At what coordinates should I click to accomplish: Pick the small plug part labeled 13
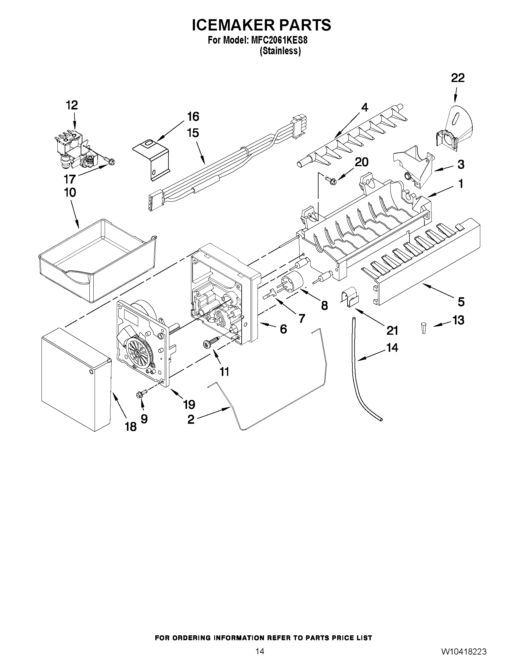pyautogui.click(x=424, y=327)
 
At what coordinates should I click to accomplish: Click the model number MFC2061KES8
pyautogui.click(x=279, y=40)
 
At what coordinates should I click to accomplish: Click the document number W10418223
pyautogui.click(x=464, y=659)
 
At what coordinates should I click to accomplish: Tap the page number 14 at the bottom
pyautogui.click(x=260, y=659)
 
